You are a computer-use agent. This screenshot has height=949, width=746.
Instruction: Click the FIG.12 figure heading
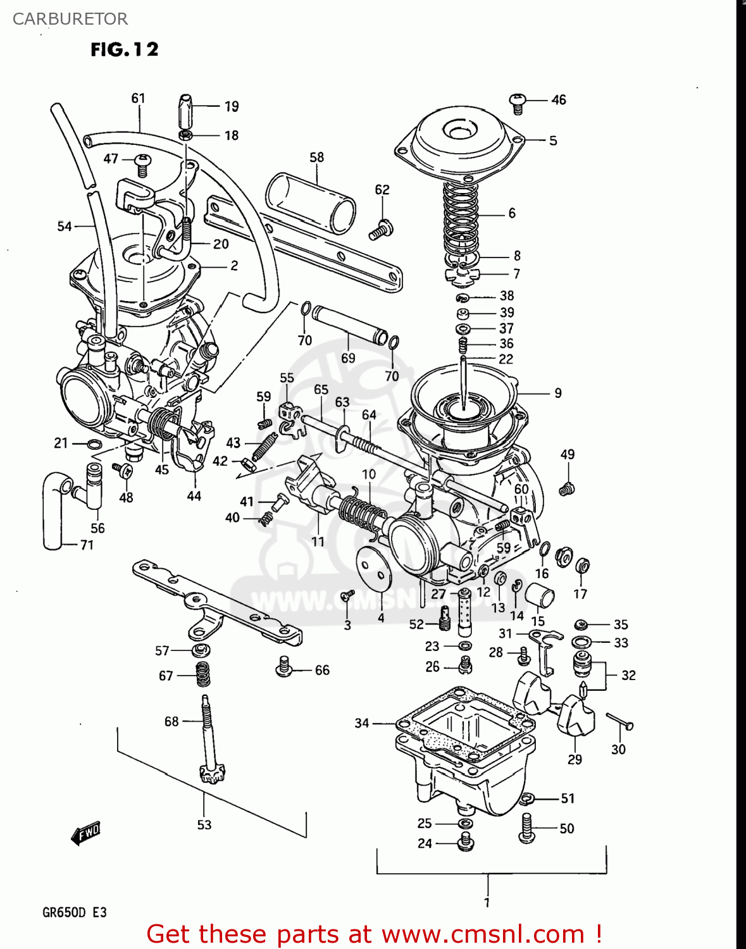pos(124,49)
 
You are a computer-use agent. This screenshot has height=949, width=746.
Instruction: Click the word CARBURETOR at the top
pos(70,19)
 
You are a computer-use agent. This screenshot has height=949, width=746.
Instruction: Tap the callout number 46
pos(558,100)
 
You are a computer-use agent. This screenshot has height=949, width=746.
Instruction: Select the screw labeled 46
pos(518,102)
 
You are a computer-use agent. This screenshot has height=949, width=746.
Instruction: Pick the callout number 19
pos(232,106)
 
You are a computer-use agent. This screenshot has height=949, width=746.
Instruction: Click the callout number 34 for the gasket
pos(361,723)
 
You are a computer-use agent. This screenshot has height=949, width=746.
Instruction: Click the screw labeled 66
pos(284,666)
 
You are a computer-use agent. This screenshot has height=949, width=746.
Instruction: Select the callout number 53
pos(204,825)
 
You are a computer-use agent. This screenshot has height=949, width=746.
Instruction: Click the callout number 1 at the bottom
pos(487,902)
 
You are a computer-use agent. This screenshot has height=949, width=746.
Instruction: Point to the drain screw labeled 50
pos(526,828)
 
